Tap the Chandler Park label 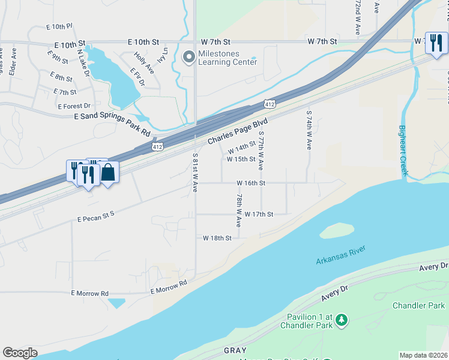tap(418, 305)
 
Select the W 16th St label tap(251, 182)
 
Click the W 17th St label tap(259, 214)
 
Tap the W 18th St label tap(217, 238)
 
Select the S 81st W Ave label tap(195, 172)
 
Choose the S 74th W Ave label tap(309, 130)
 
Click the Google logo tap(20, 353)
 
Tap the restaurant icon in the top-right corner tap(436, 43)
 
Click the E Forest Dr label tap(74, 106)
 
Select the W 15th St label tap(241, 159)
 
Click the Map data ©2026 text tap(423, 355)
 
